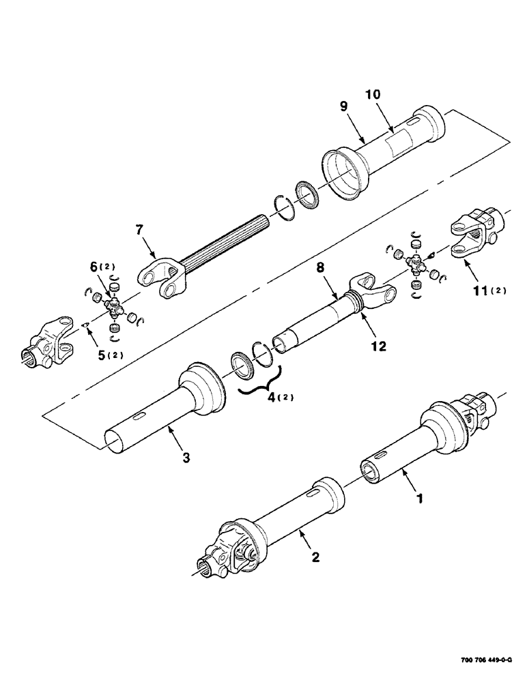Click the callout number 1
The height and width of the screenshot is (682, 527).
click(x=421, y=499)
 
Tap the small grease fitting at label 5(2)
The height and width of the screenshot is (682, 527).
click(x=84, y=325)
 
